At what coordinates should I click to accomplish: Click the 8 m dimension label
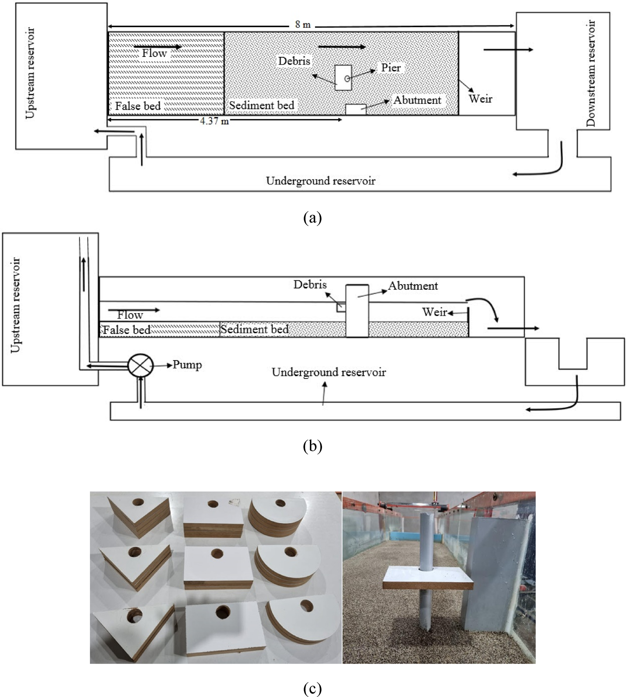[x=303, y=25]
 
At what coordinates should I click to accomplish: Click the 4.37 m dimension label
[x=214, y=121]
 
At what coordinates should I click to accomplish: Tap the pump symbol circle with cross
[x=140, y=365]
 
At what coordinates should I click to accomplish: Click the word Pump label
[x=187, y=365]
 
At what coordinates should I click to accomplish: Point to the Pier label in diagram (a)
[x=391, y=67]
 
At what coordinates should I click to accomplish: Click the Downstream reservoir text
[x=591, y=73]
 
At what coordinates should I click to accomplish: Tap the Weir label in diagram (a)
[x=480, y=98]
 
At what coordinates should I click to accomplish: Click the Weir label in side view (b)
[x=434, y=312]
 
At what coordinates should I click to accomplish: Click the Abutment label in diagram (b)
[x=413, y=286]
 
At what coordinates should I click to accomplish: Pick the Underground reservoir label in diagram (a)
[x=321, y=180]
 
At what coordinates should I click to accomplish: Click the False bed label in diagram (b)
[x=127, y=330]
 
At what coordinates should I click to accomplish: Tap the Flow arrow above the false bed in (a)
[x=158, y=47]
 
